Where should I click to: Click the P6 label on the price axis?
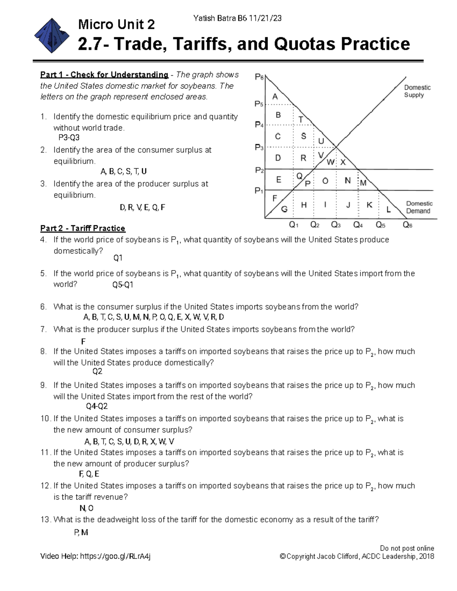pyautogui.click(x=259, y=77)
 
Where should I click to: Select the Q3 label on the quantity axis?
pyautogui.click(x=336, y=225)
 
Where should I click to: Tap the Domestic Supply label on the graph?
pyautogui.click(x=417, y=91)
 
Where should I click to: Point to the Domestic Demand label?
pyautogui.click(x=419, y=207)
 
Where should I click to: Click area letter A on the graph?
pyautogui.click(x=275, y=97)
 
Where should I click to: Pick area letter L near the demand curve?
pyautogui.click(x=388, y=209)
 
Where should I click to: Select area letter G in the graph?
pyautogui.click(x=284, y=209)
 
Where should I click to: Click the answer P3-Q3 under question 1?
pyautogui.click(x=69, y=137)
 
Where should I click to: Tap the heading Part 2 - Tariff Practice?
pyautogui.click(x=83, y=228)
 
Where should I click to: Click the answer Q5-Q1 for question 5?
pyautogui.click(x=123, y=285)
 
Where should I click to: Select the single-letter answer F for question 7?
pyautogui.click(x=83, y=341)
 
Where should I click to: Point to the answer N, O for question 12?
pyautogui.click(x=86, y=508)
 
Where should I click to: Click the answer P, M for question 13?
pyautogui.click(x=81, y=532)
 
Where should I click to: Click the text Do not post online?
pyautogui.click(x=407, y=548)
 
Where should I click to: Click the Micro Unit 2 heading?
pyautogui.click(x=116, y=25)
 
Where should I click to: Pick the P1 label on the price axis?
pyautogui.click(x=259, y=190)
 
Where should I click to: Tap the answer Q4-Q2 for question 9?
pyautogui.click(x=97, y=406)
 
